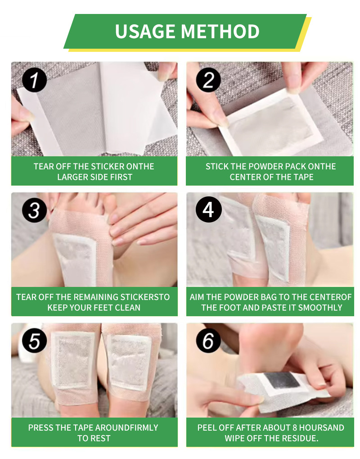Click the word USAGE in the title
point(145,32)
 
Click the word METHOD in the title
point(220,32)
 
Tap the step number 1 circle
point(35,80)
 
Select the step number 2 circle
point(208,80)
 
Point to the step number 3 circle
point(35,210)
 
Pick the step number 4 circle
point(208,209)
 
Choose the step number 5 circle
point(35,341)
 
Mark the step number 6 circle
point(208,341)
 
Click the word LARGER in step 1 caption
point(71,177)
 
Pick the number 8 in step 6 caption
point(295,427)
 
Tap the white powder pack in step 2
point(272,125)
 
